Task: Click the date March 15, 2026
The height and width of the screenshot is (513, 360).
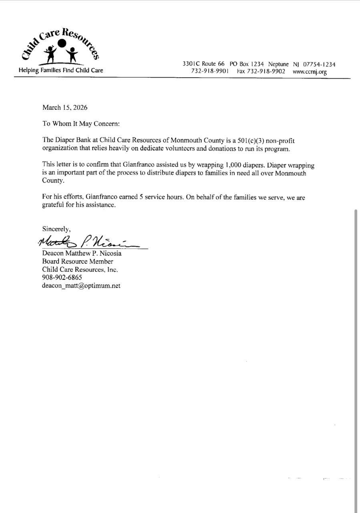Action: click(65, 107)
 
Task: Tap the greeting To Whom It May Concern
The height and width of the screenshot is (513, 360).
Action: click(81, 124)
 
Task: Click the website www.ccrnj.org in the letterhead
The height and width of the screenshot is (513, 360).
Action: click(310, 72)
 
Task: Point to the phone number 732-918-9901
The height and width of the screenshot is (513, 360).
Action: click(210, 71)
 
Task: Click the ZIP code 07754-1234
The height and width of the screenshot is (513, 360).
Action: click(319, 64)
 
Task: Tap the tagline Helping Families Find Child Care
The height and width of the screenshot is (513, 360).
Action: click(61, 71)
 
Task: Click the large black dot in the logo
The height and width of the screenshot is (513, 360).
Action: click(62, 43)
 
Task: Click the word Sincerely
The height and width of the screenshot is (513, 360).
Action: click(56, 229)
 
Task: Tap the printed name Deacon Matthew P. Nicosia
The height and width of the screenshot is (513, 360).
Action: click(82, 253)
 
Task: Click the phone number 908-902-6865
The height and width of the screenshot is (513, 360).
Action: click(62, 277)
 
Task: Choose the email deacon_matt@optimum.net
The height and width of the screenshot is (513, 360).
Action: click(81, 286)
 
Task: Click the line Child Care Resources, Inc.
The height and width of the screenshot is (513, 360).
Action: click(80, 270)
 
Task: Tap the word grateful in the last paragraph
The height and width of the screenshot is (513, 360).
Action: click(54, 205)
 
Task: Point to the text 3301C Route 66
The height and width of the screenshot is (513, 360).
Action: click(203, 64)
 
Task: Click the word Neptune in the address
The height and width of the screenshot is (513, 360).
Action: click(278, 64)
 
